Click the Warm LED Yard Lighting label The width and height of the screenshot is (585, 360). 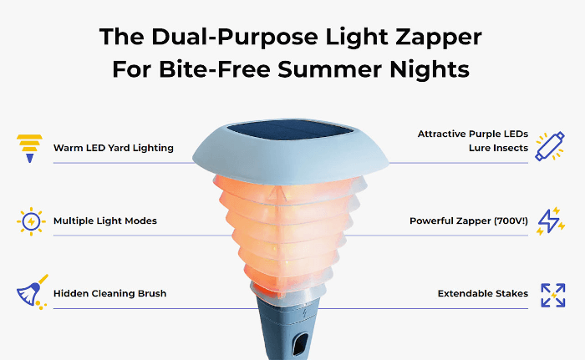click(x=114, y=148)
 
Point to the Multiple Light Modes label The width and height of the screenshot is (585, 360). click(x=105, y=221)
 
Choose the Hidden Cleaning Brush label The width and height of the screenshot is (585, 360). click(x=109, y=294)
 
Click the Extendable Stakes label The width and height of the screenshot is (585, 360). click(x=483, y=294)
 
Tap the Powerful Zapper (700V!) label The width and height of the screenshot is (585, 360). click(x=469, y=221)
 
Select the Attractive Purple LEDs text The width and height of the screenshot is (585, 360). click(x=473, y=134)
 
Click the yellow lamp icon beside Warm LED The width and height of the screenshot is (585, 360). click(x=29, y=147)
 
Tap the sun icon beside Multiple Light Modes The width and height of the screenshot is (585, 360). click(x=30, y=221)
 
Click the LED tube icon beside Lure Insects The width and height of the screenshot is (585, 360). click(x=551, y=147)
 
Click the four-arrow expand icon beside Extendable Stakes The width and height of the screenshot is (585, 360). click(x=552, y=294)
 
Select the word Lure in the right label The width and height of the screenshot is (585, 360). click(x=481, y=148)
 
